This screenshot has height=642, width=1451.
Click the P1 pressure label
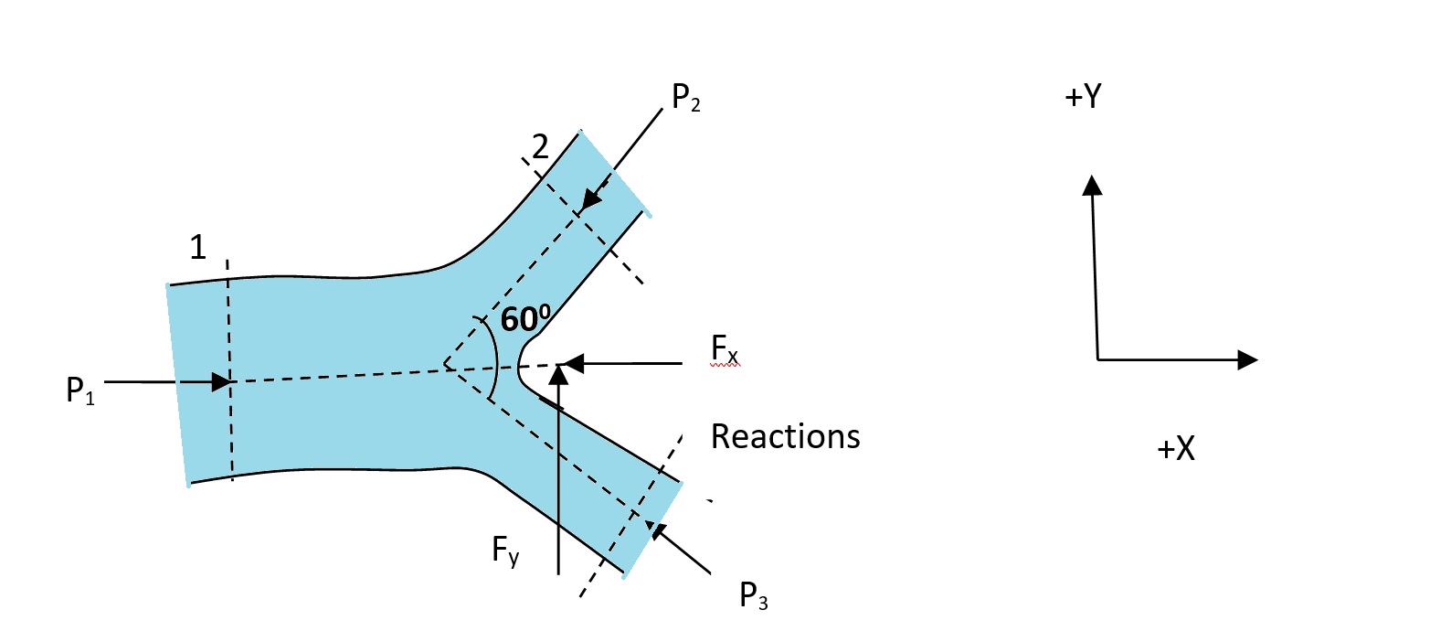(80, 391)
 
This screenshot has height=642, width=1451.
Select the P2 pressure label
(685, 97)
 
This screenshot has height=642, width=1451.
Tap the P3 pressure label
(753, 595)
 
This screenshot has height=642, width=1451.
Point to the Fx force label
(725, 348)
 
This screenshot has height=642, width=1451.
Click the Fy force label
(505, 550)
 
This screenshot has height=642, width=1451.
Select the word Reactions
(785, 436)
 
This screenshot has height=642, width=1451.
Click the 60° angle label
(525, 318)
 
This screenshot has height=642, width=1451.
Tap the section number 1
(197, 247)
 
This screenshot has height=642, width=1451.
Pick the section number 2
(540, 146)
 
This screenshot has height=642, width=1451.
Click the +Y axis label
(1084, 96)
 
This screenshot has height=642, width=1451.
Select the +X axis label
(1176, 448)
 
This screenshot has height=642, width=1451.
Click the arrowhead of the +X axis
(1248, 359)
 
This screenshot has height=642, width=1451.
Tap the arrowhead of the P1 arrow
(222, 381)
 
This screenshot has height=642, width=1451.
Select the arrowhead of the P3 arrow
(653, 528)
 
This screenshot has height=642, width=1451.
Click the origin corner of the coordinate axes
(1097, 359)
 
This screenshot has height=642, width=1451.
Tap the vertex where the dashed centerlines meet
(445, 366)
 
